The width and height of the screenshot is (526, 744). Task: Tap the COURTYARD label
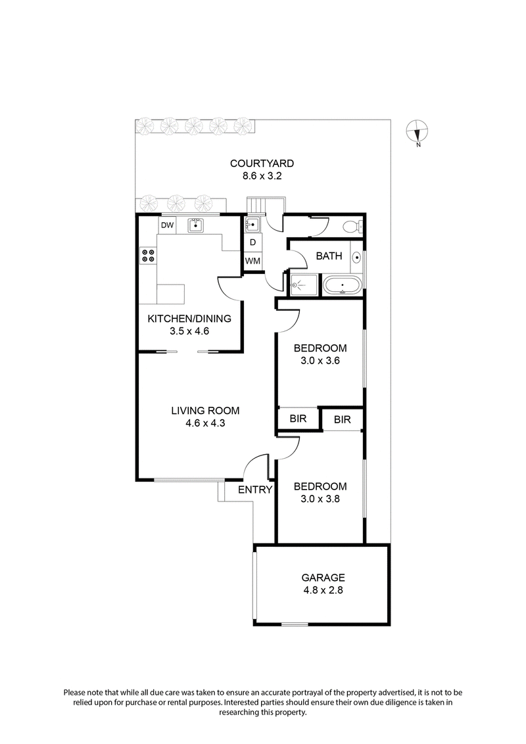point(261,164)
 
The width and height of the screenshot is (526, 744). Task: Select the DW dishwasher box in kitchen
point(168,225)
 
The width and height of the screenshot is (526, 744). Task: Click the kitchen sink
point(196,225)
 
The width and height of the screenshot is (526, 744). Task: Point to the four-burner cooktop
point(148,255)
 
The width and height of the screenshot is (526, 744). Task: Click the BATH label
point(329,256)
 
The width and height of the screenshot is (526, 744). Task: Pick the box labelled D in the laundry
point(252,243)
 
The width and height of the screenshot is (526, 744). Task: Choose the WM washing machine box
point(252,261)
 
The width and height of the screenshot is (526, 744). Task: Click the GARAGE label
point(323,578)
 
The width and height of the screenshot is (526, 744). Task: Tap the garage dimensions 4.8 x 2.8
point(323,590)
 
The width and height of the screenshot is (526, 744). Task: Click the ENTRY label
point(254,490)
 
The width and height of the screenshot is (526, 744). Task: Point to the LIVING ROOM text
point(205,411)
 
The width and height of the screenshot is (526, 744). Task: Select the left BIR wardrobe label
point(297,419)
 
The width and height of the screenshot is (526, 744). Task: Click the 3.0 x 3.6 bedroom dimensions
point(320,360)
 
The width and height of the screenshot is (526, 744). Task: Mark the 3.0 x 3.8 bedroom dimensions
point(320,499)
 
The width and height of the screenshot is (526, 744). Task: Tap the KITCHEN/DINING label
point(189,319)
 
